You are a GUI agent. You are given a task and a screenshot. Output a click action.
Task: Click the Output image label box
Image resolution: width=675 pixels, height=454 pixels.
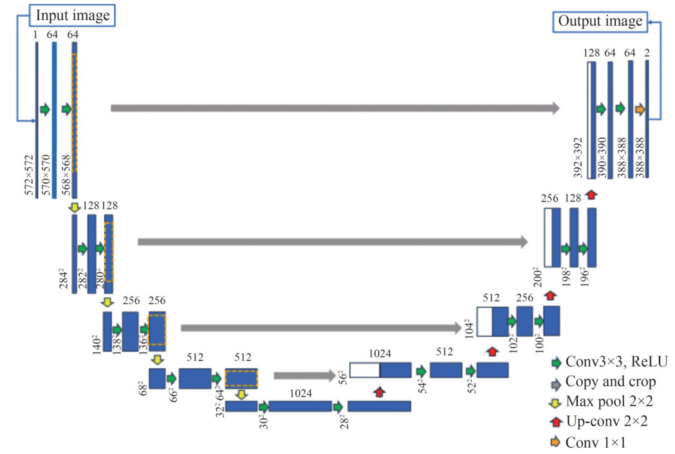click(600, 21)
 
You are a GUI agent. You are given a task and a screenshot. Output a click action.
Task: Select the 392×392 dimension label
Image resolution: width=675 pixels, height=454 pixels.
click(578, 157)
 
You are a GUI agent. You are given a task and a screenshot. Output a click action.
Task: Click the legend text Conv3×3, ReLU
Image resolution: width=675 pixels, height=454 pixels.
click(616, 362)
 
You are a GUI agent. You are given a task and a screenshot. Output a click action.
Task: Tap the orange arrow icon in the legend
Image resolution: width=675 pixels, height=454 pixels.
click(555, 442)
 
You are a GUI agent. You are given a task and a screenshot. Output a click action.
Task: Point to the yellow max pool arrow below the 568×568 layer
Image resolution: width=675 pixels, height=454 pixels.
click(75, 207)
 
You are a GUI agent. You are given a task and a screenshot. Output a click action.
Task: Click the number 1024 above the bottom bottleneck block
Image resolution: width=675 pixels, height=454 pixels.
click(301, 392)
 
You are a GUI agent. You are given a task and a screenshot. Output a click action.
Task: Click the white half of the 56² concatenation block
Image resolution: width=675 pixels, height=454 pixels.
click(364, 370)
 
